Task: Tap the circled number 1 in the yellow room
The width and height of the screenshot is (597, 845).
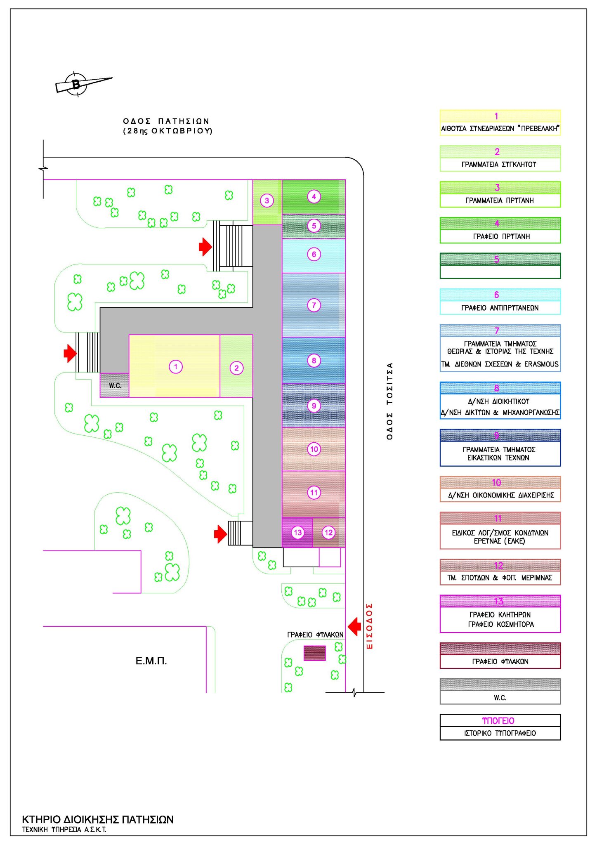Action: tap(176, 366)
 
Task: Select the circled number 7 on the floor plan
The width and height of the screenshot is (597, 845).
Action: tap(314, 305)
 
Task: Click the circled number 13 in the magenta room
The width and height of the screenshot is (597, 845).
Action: tap(297, 532)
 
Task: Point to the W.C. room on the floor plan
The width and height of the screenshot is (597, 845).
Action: tap(115, 385)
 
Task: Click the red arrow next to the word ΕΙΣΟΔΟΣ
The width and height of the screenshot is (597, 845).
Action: tap(354, 626)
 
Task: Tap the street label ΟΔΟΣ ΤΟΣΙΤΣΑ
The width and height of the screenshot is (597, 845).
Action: tap(389, 401)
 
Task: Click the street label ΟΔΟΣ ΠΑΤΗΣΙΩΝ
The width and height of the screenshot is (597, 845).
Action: tap(167, 121)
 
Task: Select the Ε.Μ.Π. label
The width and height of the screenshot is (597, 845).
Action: tap(151, 661)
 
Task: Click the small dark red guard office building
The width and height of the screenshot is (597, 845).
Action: tap(314, 653)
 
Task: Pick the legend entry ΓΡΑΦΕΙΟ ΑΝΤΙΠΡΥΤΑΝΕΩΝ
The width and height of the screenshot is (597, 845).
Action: tap(500, 308)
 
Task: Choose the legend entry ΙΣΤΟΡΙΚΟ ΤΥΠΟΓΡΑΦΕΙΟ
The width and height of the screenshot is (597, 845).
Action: tap(500, 733)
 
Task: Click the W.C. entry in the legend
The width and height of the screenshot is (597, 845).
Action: tap(500, 698)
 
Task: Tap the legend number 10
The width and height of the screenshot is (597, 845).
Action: tap(496, 482)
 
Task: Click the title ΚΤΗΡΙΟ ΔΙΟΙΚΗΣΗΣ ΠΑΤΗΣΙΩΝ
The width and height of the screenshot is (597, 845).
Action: tap(98, 819)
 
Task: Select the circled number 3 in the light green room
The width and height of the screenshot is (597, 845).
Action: tap(267, 201)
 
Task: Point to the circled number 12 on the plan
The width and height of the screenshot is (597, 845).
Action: tap(328, 532)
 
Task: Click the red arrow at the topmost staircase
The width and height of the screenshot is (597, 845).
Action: tap(205, 247)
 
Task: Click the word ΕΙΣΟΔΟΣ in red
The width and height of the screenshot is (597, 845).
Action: tap(370, 626)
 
